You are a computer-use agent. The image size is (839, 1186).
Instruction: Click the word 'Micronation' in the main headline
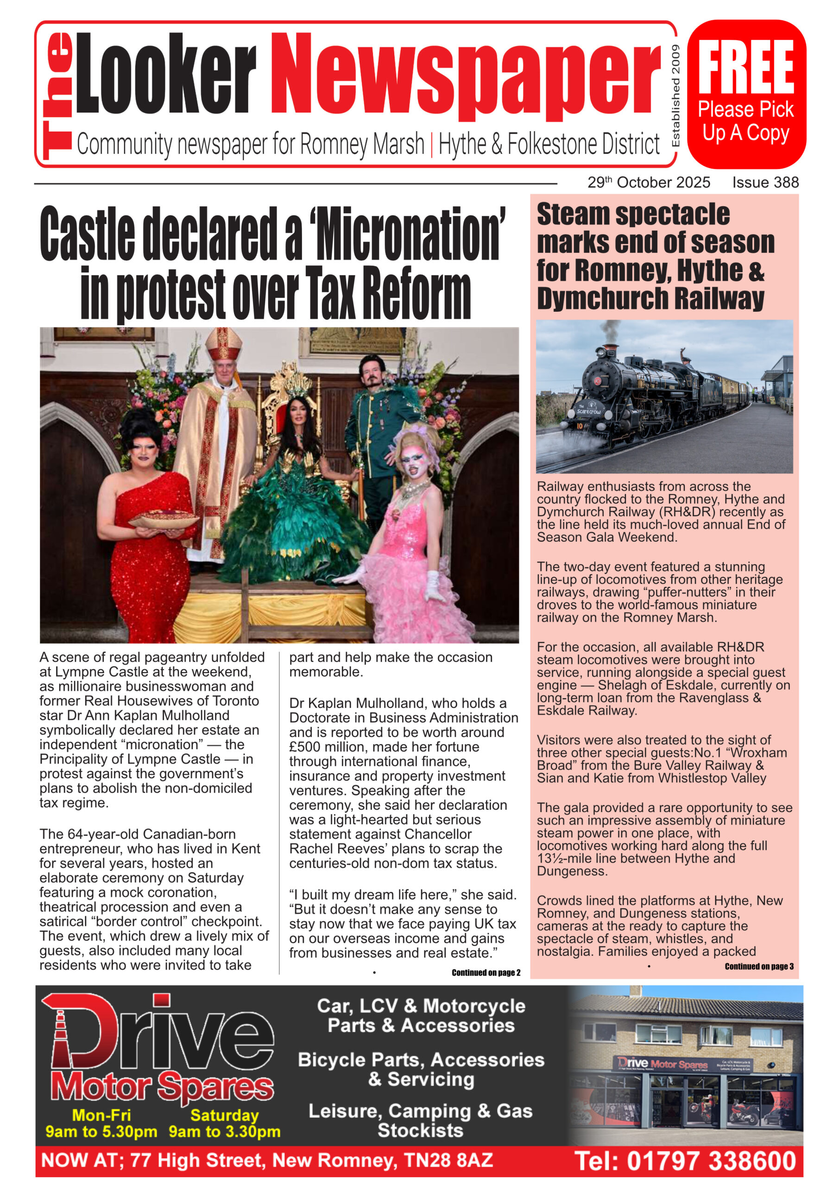tap(408, 234)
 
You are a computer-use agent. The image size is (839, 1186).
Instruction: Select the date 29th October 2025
tap(649, 183)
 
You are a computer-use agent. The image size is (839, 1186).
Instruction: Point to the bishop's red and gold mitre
tap(223, 345)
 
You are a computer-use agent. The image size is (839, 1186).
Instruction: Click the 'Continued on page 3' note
tap(759, 966)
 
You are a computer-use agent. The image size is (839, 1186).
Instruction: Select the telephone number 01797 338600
tap(710, 1161)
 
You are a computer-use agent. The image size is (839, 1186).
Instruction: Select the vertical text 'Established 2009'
tap(675, 96)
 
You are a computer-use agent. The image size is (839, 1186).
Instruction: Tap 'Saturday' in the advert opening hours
tap(224, 1115)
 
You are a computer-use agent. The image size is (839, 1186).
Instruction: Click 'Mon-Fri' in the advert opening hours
tap(101, 1115)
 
